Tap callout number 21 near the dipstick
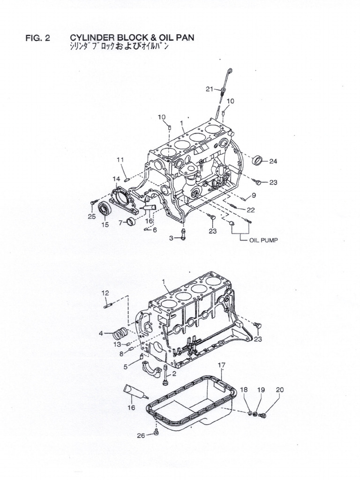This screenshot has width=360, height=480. click(209, 89)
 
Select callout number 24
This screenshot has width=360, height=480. click(273, 161)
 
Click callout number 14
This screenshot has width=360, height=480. click(116, 178)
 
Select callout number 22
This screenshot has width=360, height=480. click(251, 210)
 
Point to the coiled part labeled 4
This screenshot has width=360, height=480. click(121, 336)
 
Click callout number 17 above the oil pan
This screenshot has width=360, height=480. click(222, 365)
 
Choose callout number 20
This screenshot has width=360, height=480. click(279, 390)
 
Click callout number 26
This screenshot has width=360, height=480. click(141, 436)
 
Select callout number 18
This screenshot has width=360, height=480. click(244, 390)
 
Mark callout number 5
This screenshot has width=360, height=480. click(126, 367)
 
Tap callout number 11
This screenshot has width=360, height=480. click(120, 160)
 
